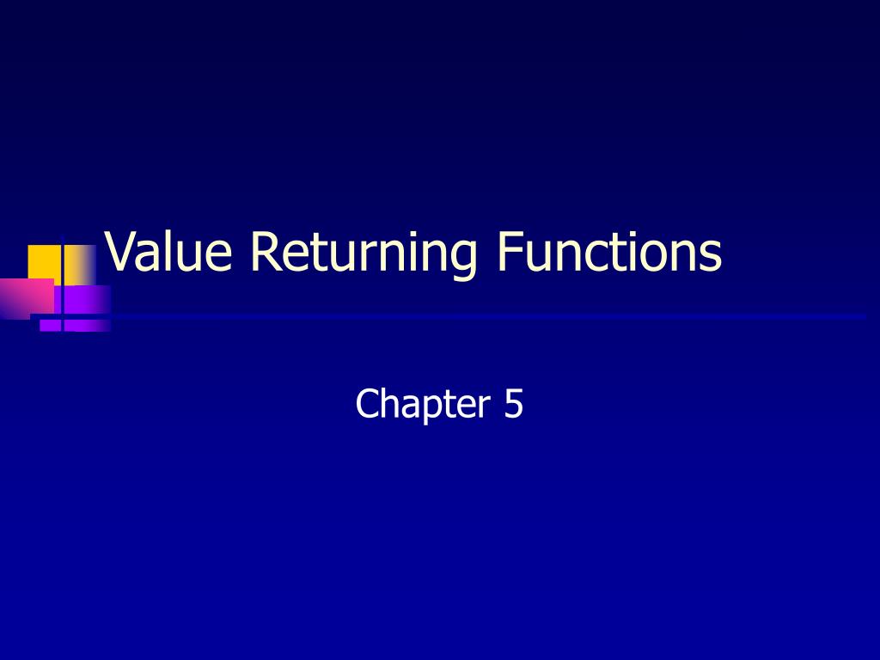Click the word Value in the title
pos(168,253)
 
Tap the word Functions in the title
pos(608,253)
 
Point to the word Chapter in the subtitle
pos(417,404)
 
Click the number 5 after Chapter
pos(513,404)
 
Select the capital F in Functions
pos(506,253)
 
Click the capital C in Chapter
pos(367,404)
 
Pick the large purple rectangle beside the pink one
pos(82,298)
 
